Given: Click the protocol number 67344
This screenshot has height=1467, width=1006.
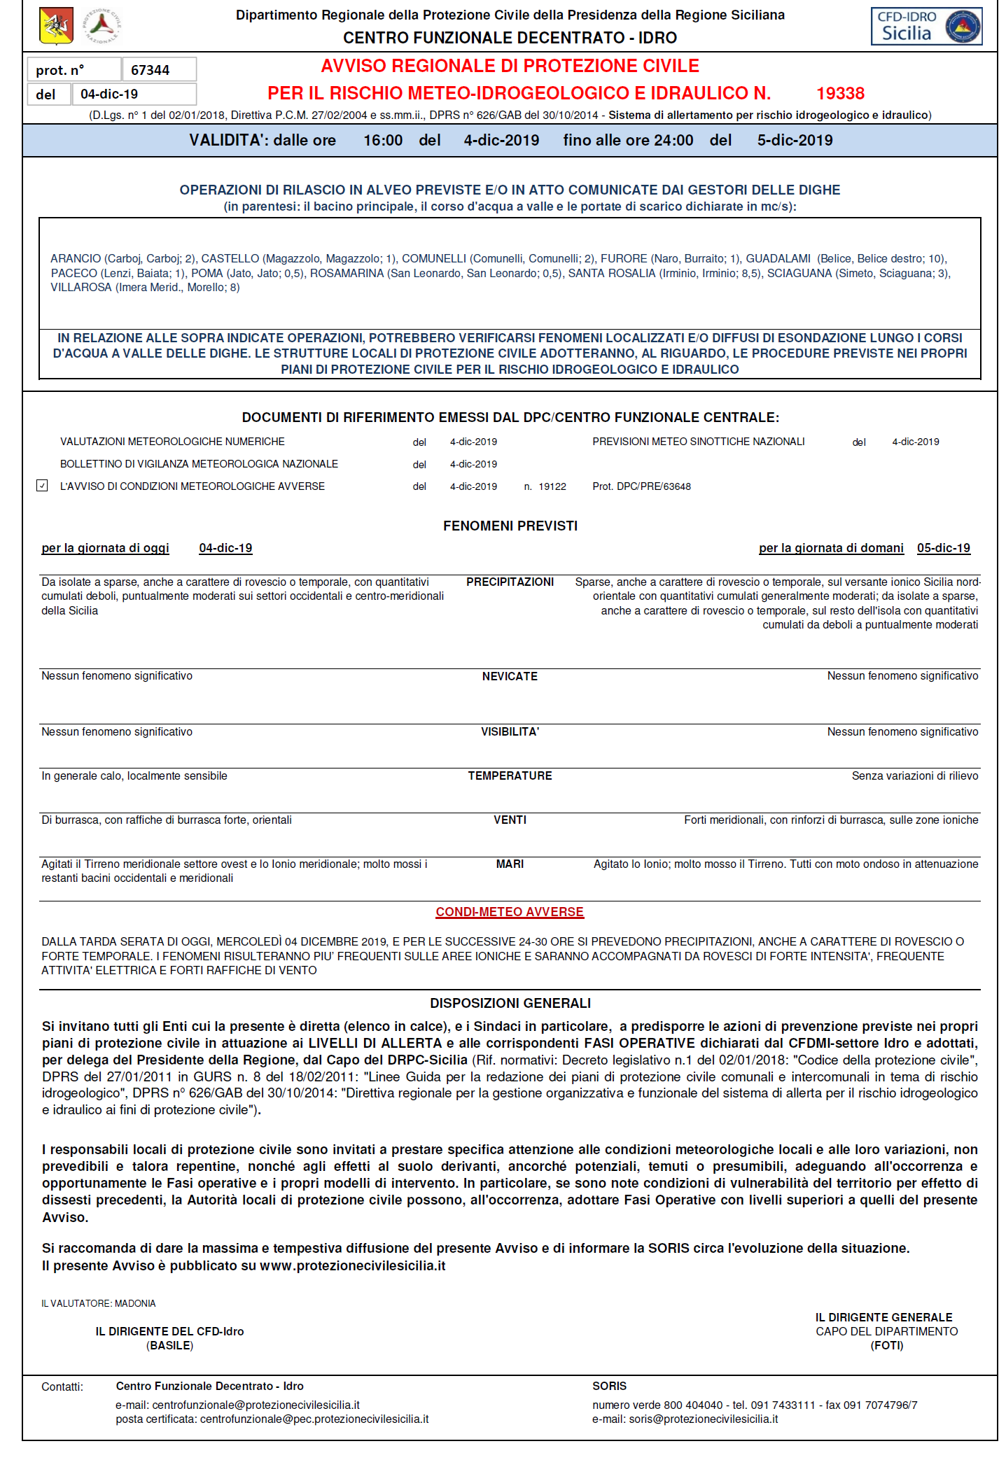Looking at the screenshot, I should tap(150, 70).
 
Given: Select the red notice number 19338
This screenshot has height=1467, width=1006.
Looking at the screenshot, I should tap(840, 93).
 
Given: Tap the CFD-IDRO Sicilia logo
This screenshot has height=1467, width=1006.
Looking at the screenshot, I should tap(925, 27).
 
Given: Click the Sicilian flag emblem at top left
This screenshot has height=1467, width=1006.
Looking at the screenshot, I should tap(56, 25).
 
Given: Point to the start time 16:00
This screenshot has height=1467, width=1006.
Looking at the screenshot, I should tap(383, 140).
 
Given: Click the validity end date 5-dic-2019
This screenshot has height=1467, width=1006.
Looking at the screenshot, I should tap(795, 140).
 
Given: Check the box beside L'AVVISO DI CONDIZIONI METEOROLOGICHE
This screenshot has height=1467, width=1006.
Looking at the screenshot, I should tap(43, 486).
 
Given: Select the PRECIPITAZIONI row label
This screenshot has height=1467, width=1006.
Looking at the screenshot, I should tap(510, 582).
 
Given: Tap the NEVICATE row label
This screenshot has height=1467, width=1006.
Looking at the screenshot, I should tap(510, 676).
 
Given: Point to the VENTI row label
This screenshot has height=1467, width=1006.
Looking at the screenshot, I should tap(510, 820).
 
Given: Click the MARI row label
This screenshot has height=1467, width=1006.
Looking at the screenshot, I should tap(510, 864).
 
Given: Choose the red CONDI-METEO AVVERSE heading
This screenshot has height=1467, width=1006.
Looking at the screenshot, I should tap(510, 912).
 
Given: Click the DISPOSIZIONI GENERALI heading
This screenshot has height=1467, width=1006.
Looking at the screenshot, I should tap(510, 1003).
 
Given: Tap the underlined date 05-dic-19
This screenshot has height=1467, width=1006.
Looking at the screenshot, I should tap(943, 548).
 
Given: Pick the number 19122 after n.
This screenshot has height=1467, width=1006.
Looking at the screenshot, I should tap(552, 486).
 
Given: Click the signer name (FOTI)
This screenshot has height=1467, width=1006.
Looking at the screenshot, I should tap(886, 1345).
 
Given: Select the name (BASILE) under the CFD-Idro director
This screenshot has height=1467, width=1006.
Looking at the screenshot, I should tap(169, 1345).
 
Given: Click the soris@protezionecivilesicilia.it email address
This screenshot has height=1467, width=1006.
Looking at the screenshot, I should tap(703, 1419).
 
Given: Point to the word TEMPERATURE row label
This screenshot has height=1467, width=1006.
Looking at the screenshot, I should tap(510, 775).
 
